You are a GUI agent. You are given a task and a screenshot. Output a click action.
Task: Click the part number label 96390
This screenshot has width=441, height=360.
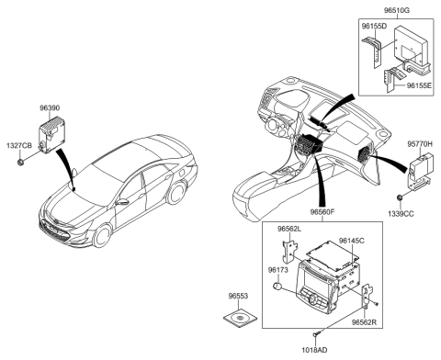pyautogui.click(x=50, y=108)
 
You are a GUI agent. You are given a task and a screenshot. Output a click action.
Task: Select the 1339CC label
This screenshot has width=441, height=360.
pyautogui.click(x=401, y=214)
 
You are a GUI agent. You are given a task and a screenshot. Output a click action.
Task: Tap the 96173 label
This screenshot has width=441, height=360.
pyautogui.click(x=280, y=270)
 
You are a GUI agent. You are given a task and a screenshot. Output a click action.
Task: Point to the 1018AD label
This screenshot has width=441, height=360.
pyautogui.click(x=315, y=350)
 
